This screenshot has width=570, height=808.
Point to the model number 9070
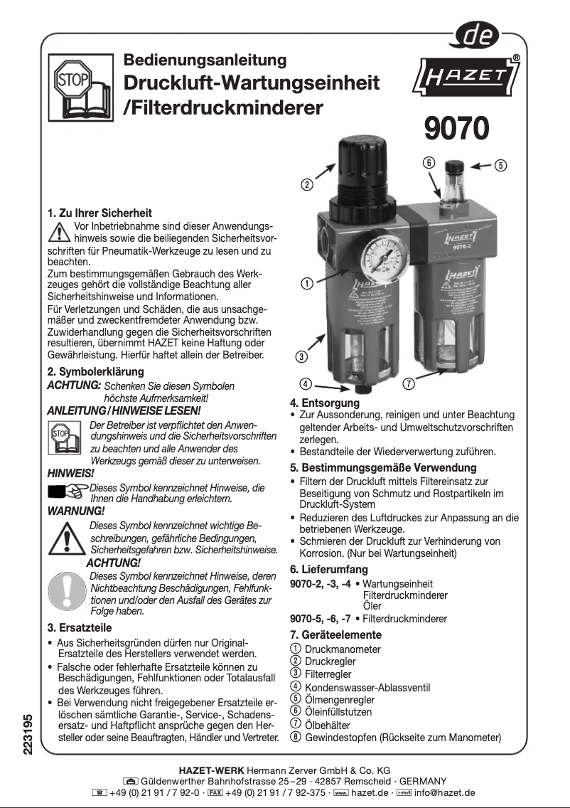click(x=456, y=129)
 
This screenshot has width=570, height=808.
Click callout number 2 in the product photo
click(x=307, y=185)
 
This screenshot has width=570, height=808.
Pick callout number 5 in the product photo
click(x=500, y=166)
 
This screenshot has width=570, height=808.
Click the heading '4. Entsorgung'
click(x=325, y=403)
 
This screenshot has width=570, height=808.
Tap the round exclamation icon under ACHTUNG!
click(x=68, y=590)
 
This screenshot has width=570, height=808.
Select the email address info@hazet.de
click(x=444, y=792)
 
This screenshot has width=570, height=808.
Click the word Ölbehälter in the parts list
click(x=328, y=724)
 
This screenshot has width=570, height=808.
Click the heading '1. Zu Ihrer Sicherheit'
click(x=100, y=213)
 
